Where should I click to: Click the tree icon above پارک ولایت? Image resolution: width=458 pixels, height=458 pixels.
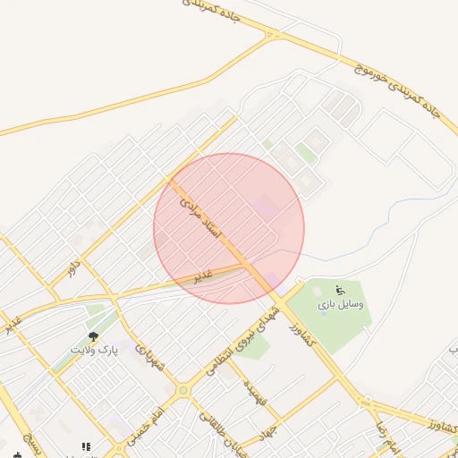[93, 337]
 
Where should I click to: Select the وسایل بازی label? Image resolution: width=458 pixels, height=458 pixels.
[340, 305]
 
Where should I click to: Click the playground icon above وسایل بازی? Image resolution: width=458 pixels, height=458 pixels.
[339, 290]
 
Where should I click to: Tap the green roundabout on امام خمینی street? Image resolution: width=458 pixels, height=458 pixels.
[183, 390]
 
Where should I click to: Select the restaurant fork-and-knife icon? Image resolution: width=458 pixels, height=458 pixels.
[86, 445]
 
